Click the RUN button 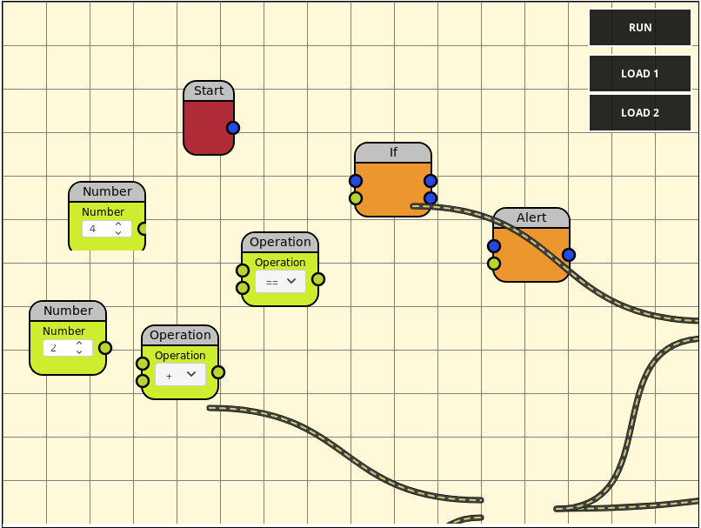click(640, 28)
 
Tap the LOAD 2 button click(640, 113)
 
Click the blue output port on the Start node click(233, 128)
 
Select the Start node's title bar click(209, 91)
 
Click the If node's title click(393, 152)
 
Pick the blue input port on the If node click(356, 181)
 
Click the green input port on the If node click(356, 198)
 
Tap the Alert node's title click(531, 217)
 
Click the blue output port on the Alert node click(569, 255)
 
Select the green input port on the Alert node click(494, 264)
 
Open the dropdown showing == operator click(280, 282)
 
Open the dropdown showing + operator click(180, 375)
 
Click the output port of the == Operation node click(318, 279)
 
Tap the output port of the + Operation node click(218, 372)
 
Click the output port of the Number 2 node click(105, 348)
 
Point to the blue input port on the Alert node click(494, 246)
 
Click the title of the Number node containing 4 click(107, 191)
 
